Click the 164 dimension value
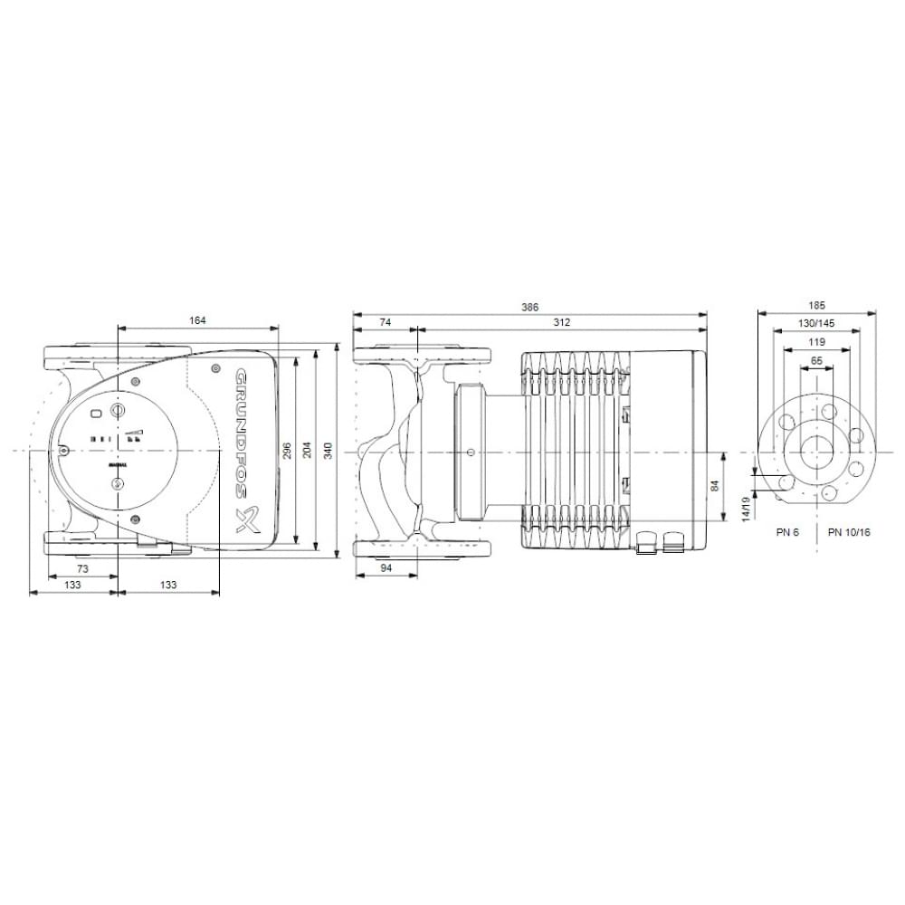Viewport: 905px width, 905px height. (x=198, y=320)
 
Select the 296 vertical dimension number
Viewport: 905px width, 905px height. (x=287, y=450)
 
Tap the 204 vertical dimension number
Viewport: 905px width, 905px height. (x=306, y=450)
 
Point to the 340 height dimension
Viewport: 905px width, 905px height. (x=327, y=450)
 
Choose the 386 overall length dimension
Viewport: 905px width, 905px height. (x=529, y=308)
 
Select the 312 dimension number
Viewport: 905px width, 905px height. (x=561, y=323)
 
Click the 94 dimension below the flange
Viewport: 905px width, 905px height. (x=386, y=567)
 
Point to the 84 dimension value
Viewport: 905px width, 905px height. (x=715, y=486)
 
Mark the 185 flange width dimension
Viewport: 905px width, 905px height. (x=816, y=307)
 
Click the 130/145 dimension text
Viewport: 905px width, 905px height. (x=816, y=324)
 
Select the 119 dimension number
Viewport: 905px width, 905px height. (x=816, y=342)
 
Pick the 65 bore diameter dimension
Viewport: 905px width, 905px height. (x=816, y=360)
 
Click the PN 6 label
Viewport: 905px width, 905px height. (x=787, y=533)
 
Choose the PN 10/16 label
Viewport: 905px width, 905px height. (x=849, y=533)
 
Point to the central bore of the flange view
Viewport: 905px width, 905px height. (x=817, y=450)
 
